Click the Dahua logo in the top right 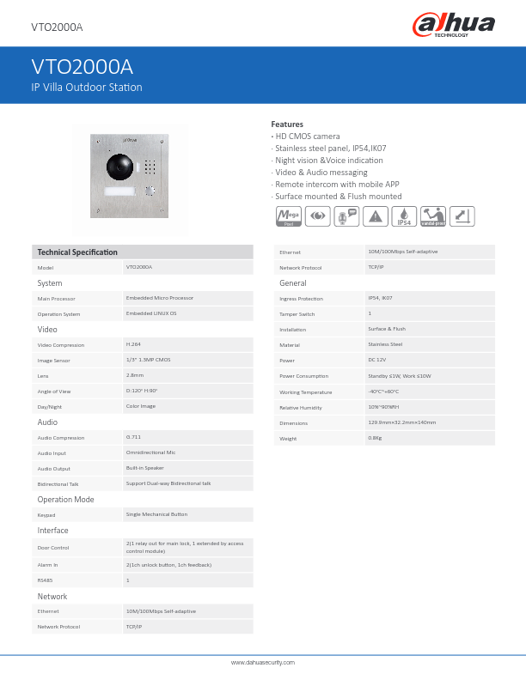453,25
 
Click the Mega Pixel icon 286,217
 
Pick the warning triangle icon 375,217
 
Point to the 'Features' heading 287,124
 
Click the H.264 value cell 134,344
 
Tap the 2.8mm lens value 135,375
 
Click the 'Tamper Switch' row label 297,314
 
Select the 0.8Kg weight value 375,438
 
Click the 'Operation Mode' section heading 65,500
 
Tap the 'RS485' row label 46,580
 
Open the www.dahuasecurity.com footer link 263,663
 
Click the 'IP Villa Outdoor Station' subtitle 87,88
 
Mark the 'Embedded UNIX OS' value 151,313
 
